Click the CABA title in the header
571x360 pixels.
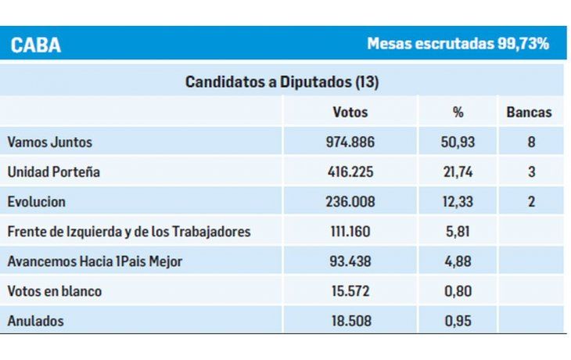36,45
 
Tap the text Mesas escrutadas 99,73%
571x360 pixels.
458,44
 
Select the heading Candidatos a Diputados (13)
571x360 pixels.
282,81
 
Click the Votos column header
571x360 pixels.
350,112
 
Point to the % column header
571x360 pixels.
458,112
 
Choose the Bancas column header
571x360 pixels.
529,112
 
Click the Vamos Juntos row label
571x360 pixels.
49,142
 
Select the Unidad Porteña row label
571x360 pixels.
53,172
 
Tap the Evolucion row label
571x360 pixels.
36,202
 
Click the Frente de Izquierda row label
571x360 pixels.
129,232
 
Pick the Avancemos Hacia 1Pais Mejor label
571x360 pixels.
95,261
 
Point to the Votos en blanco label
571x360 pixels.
55,291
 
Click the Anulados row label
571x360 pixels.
35,321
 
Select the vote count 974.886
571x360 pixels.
350,142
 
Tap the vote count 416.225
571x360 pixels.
350,172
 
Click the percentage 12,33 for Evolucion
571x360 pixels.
458,202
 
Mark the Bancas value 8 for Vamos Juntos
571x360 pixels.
531,142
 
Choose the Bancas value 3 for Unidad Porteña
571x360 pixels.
531,172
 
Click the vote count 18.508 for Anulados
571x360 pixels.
350,321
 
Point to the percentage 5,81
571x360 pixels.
458,232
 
